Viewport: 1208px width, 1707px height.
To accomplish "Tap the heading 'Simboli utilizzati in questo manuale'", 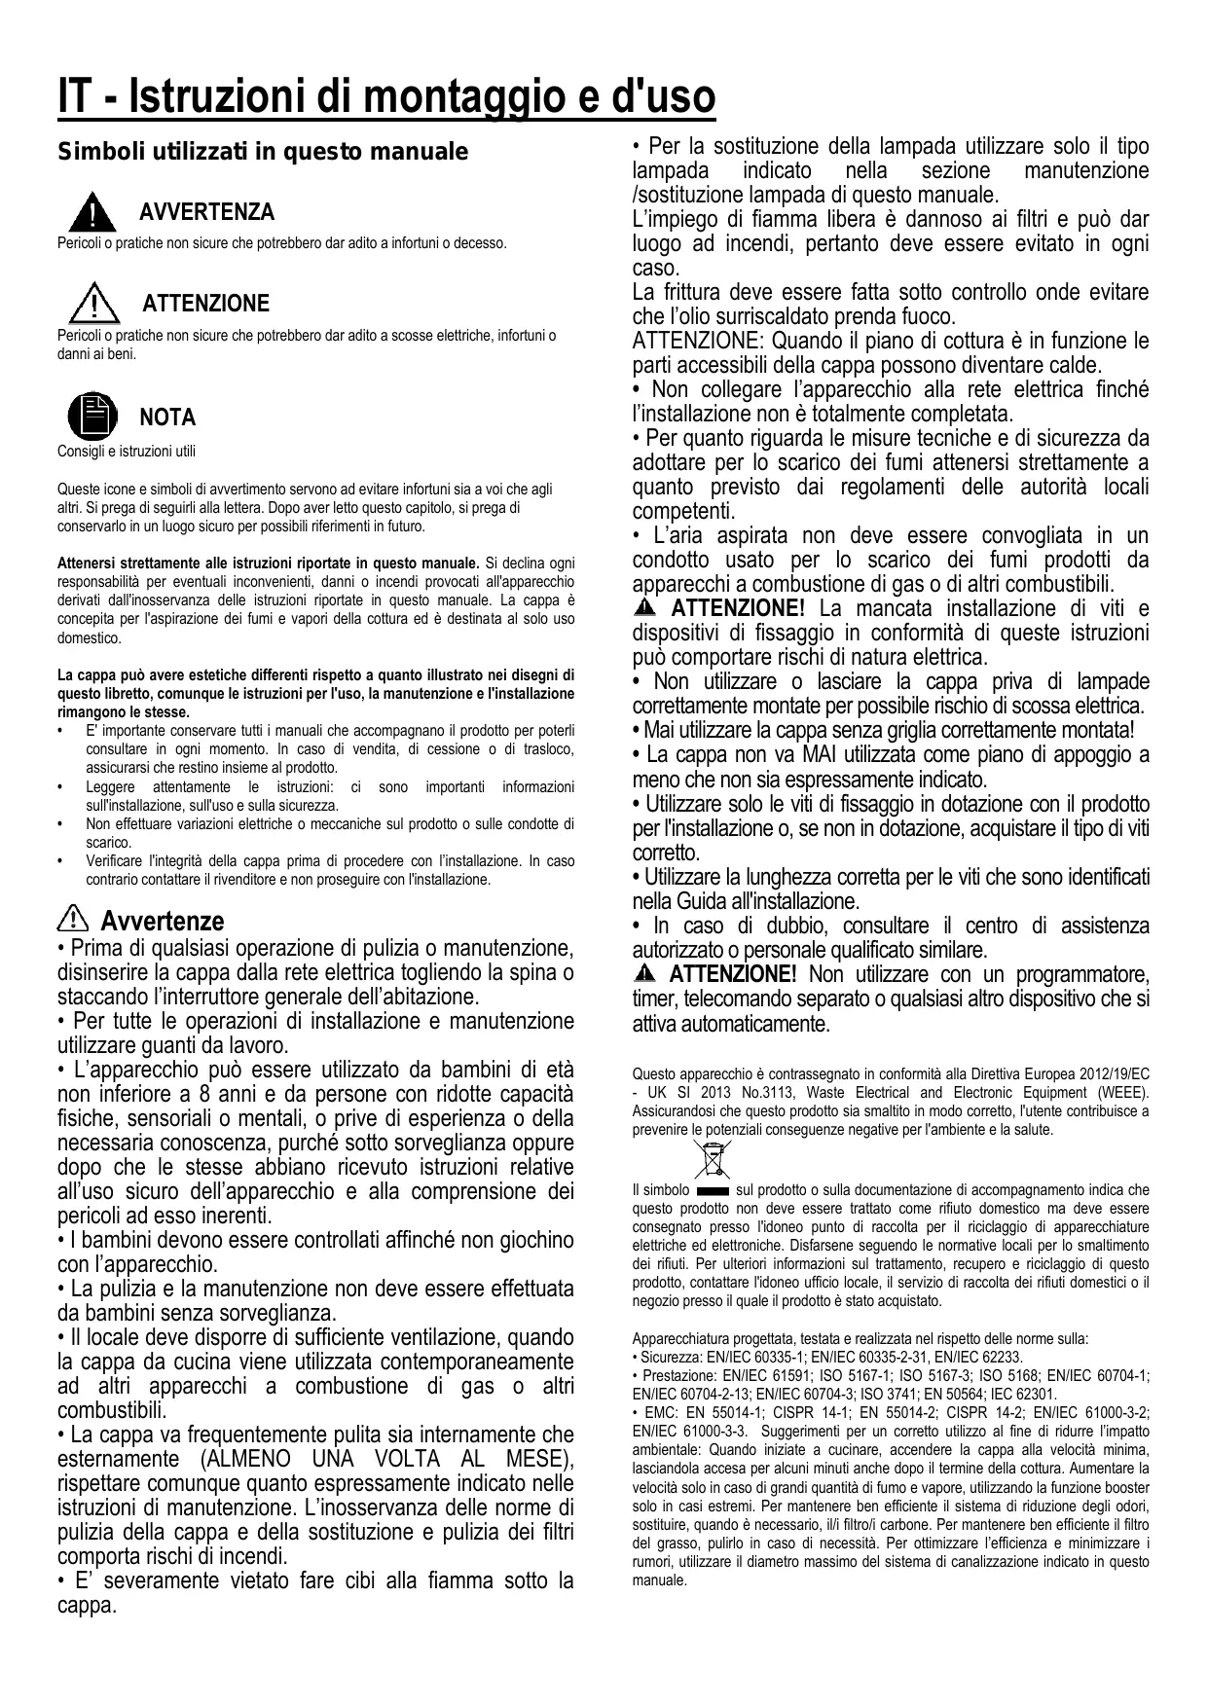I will (x=263, y=153).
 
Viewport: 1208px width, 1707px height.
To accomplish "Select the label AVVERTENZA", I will (x=206, y=212).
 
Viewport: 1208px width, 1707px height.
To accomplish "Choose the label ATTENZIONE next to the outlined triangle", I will (x=206, y=304).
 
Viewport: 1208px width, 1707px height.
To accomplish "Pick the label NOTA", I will (x=167, y=418).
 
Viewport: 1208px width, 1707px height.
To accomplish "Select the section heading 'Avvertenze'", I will (x=163, y=921).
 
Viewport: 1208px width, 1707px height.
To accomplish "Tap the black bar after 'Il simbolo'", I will (x=714, y=1190).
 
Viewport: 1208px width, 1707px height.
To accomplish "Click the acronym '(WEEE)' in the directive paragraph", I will (x=1123, y=1093).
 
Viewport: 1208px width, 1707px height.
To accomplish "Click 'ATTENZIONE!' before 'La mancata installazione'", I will (x=738, y=609).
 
